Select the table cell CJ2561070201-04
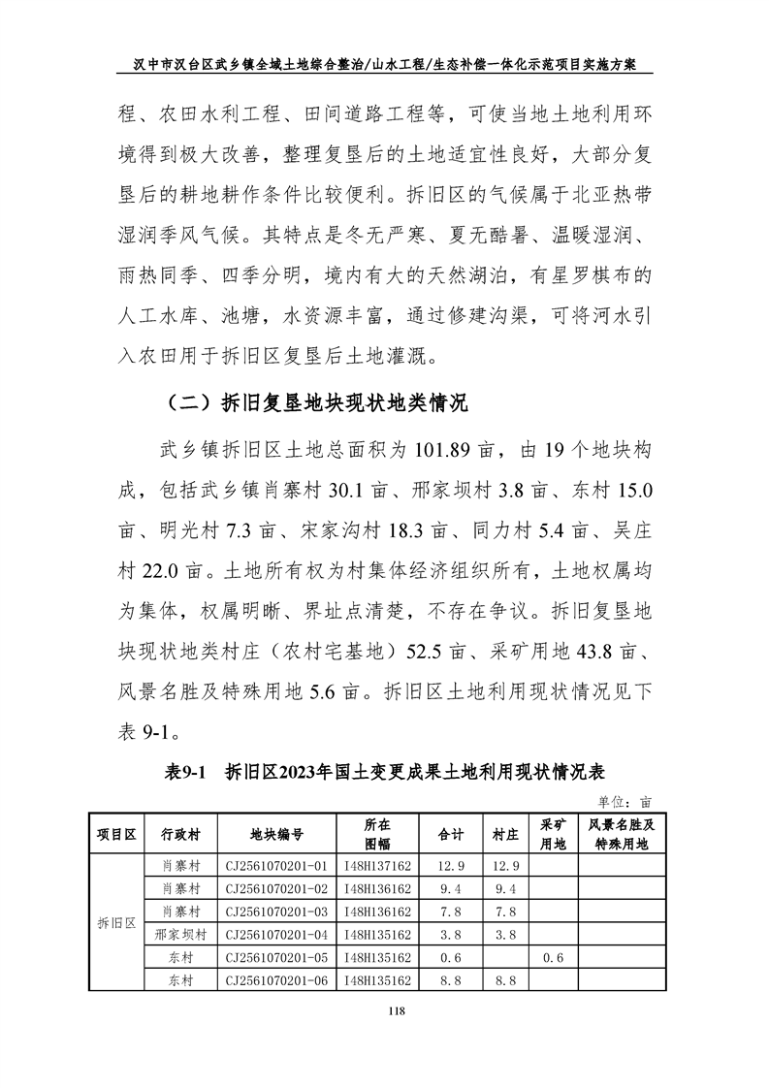pos(276,935)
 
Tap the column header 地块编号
pos(276,833)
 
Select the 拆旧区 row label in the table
pos(116,923)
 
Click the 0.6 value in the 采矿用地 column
pos(553,958)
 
